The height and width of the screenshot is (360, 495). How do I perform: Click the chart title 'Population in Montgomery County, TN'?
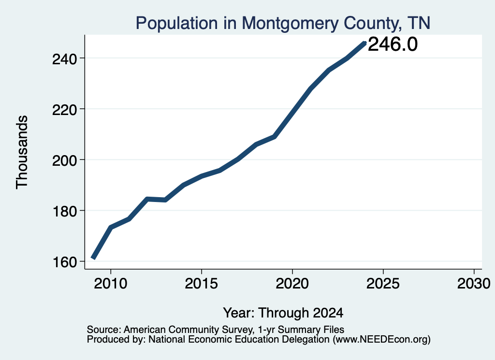(283, 23)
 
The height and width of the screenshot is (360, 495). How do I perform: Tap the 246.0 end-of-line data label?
(393, 44)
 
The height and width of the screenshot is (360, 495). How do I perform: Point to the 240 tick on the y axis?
(65, 58)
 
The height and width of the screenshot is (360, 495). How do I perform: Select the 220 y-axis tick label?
(65, 110)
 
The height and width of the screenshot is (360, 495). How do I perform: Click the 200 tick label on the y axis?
(65, 160)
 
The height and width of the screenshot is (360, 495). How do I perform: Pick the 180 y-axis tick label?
(65, 211)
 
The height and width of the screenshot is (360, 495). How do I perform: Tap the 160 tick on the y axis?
(65, 262)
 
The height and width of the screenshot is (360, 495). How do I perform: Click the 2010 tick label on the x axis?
(111, 284)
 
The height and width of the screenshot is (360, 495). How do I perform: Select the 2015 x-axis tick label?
(202, 284)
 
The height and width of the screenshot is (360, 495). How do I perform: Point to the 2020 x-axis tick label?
(292, 284)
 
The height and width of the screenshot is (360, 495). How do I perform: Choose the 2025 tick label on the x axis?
(383, 284)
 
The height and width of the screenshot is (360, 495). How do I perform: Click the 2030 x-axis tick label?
(474, 284)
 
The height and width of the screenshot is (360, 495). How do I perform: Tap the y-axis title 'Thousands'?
(22, 152)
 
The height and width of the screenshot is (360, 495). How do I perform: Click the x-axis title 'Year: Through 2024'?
(283, 313)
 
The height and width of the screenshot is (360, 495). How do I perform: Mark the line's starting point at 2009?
(93, 259)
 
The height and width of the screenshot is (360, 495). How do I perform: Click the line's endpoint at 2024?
(365, 43)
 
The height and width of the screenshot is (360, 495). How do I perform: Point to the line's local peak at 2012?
(147, 199)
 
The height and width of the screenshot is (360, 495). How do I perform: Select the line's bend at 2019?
(275, 137)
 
